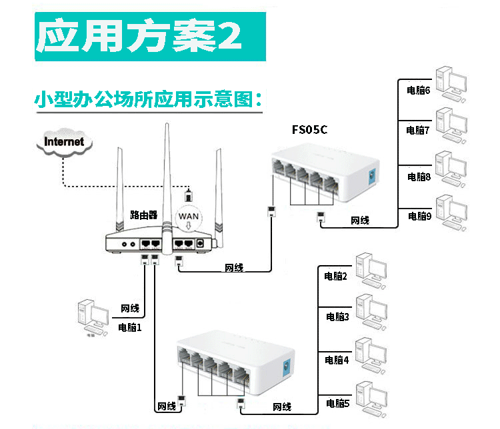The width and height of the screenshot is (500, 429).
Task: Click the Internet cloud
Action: tap(64, 141)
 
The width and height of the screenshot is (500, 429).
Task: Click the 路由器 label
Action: tap(143, 215)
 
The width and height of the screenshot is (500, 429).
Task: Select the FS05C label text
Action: tap(309, 129)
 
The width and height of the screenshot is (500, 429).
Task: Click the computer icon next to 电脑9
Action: tap(449, 213)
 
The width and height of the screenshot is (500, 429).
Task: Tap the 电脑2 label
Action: tap(336, 276)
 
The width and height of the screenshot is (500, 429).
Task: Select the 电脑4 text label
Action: tap(337, 360)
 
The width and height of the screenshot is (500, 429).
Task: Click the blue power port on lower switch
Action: tap(287, 366)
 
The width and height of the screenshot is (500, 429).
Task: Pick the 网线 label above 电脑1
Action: tap(130, 308)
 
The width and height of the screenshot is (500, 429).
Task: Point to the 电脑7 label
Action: tap(419, 131)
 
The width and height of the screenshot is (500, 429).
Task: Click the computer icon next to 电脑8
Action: tap(449, 171)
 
